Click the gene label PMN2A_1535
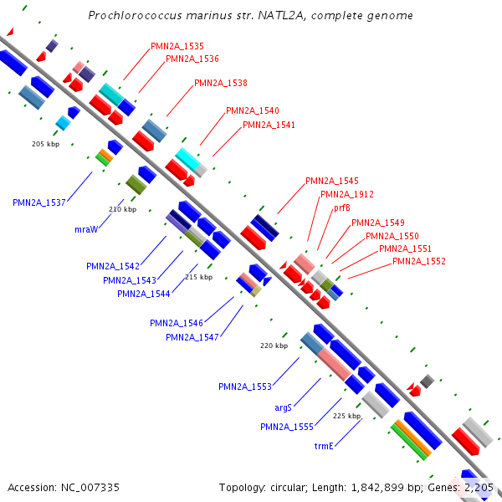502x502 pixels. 177,46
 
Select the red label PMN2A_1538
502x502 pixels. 221,83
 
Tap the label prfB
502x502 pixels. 341,207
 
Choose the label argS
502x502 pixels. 284,407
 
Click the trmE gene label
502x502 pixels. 324,446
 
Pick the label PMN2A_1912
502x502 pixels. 347,194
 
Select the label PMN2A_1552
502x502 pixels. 419,261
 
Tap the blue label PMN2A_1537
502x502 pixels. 39,202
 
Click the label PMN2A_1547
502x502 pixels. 192,337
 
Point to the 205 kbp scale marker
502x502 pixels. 45,144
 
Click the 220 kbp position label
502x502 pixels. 274,346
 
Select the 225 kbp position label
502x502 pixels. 346,416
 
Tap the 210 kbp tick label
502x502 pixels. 122,209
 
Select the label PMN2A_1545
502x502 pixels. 332,181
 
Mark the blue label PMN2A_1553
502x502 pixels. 245,387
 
